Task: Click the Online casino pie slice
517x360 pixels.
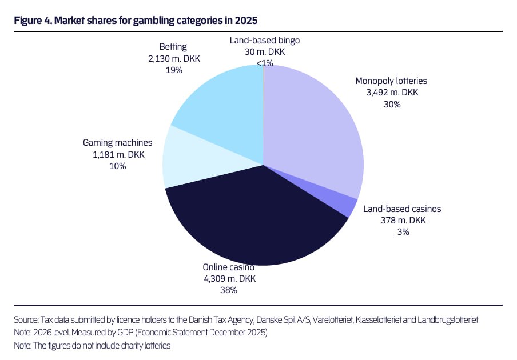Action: click(x=254, y=224)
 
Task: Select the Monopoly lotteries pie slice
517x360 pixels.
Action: click(x=313, y=129)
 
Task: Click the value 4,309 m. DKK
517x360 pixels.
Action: click(x=230, y=279)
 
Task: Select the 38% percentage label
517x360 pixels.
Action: click(x=229, y=290)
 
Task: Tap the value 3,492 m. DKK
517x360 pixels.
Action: click(x=392, y=93)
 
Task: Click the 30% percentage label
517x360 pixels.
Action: click(x=392, y=105)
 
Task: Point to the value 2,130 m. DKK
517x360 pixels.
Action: click(x=174, y=59)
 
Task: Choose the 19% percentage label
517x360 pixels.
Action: click(x=174, y=70)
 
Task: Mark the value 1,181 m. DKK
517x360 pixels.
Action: click(x=118, y=154)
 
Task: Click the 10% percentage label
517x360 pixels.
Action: click(x=118, y=166)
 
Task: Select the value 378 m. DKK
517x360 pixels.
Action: click(x=403, y=221)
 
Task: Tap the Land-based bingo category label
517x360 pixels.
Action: click(x=265, y=41)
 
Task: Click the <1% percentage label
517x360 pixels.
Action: click(x=265, y=63)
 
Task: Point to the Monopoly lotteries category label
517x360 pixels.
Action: click(x=391, y=81)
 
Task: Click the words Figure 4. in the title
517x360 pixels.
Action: click(x=33, y=21)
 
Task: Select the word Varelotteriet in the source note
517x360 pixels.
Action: click(x=332, y=320)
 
